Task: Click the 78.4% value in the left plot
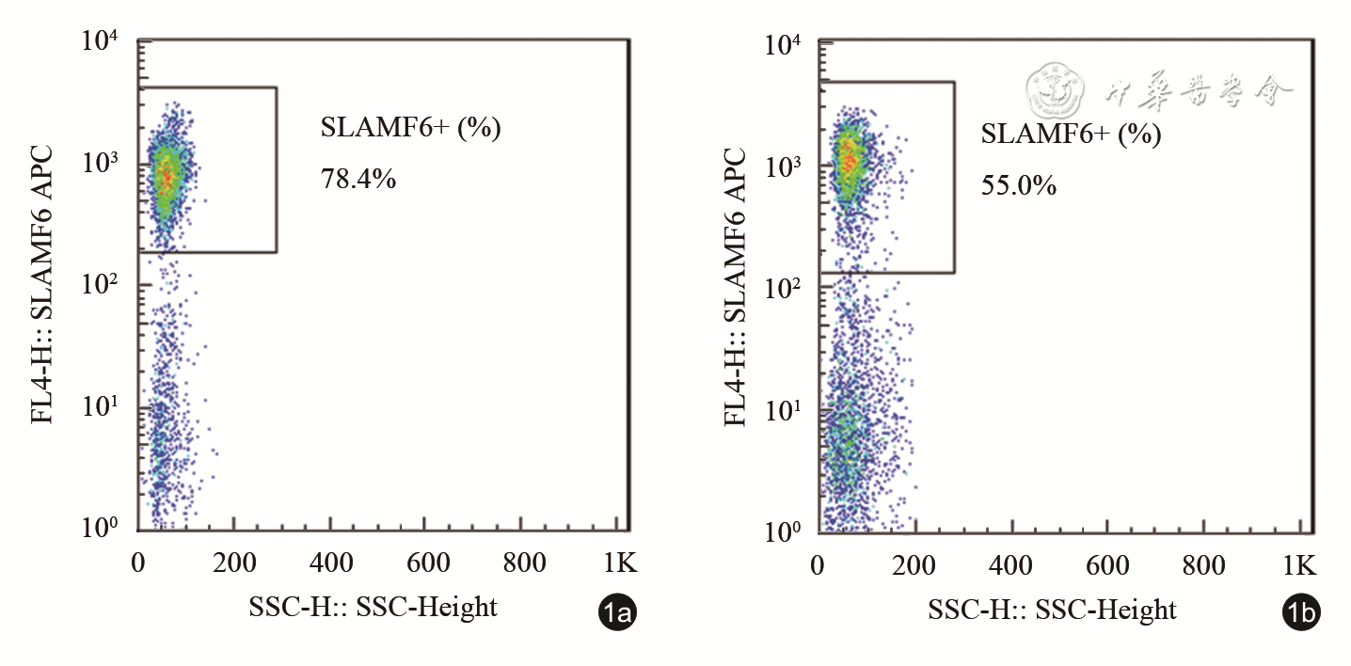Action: tap(358, 179)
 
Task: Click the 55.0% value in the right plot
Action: tap(1019, 185)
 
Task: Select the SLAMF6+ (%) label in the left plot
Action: tap(411, 128)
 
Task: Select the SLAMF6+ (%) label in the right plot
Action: tap(1072, 135)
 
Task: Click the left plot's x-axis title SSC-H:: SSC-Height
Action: tap(373, 608)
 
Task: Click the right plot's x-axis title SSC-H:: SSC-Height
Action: tap(1052, 610)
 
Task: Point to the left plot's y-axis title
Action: tap(43, 282)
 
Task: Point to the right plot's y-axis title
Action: tap(737, 284)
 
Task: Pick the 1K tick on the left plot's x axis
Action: tap(620, 563)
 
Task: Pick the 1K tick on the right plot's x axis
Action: tap(1299, 565)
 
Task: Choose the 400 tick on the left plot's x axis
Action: tap(331, 563)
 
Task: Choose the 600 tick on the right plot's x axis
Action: tap(1107, 565)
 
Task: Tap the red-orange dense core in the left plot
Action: tap(166, 176)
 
